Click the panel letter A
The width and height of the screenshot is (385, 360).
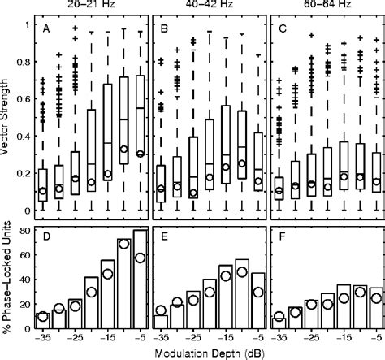coord(45,31)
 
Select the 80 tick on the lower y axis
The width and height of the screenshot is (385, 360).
coord(24,232)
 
